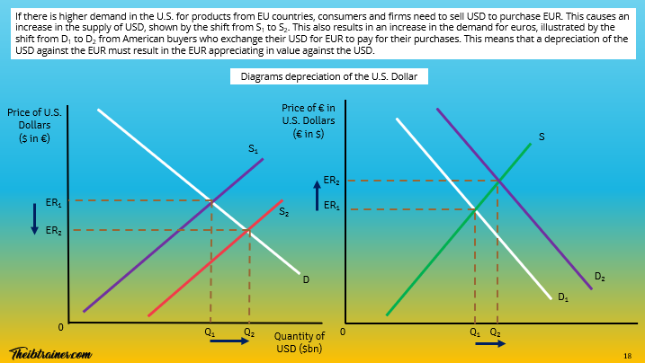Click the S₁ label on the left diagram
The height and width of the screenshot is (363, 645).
click(x=254, y=149)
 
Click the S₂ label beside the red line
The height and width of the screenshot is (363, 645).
click(x=283, y=213)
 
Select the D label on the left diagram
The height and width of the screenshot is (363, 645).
click(x=306, y=279)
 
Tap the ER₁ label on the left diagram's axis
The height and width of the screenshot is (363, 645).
click(x=54, y=203)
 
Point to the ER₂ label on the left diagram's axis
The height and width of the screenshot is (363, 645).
click(x=54, y=230)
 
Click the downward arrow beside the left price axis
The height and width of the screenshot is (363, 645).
click(x=34, y=217)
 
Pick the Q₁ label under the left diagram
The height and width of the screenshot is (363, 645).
click(x=211, y=331)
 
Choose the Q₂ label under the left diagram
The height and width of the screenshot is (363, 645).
click(x=249, y=331)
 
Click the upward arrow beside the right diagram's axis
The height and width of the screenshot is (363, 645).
click(x=317, y=192)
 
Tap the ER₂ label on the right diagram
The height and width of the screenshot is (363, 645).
click(x=332, y=181)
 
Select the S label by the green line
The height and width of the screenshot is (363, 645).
click(x=542, y=137)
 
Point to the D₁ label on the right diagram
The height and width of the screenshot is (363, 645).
click(x=563, y=297)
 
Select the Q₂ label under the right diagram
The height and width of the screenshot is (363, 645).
click(x=496, y=332)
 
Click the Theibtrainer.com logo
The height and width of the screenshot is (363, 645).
click(x=50, y=353)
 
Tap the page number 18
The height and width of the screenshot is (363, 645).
click(x=627, y=356)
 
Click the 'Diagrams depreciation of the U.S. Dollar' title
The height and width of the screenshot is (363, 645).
click(x=328, y=77)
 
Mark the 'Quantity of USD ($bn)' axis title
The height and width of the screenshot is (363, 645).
click(x=299, y=342)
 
